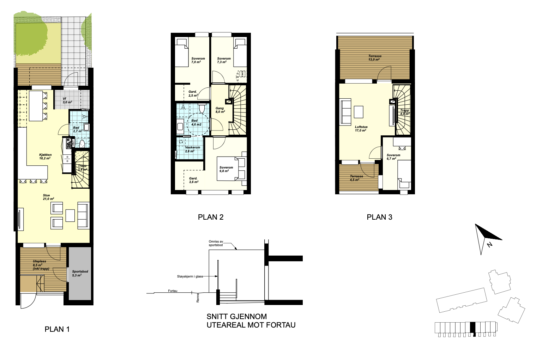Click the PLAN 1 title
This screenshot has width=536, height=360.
coord(57,329)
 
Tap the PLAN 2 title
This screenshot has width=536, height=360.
coord(211,217)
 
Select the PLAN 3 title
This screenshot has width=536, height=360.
coord(380,217)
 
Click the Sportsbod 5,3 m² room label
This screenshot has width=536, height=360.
coord(80,273)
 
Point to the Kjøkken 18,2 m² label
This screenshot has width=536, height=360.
coord(45,156)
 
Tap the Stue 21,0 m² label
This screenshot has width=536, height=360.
coord(48,197)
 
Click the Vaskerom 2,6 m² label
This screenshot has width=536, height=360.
coord(192,149)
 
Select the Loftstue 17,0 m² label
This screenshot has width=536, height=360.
coord(361,129)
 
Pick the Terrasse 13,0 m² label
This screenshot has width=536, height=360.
coord(375,57)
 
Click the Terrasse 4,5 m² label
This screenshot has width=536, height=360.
coord(356,178)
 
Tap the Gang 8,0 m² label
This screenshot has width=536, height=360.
coord(220,110)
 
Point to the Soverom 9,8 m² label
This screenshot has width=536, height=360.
coord(226,169)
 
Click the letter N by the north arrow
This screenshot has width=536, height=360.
coord(489,245)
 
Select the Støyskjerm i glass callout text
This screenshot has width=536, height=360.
coord(190,276)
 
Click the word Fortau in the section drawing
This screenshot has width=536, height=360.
coord(173,291)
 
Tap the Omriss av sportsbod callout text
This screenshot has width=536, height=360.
coord(216,243)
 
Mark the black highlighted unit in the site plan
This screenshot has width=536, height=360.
coord(472,328)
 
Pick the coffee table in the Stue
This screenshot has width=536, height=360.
coord(70,215)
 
